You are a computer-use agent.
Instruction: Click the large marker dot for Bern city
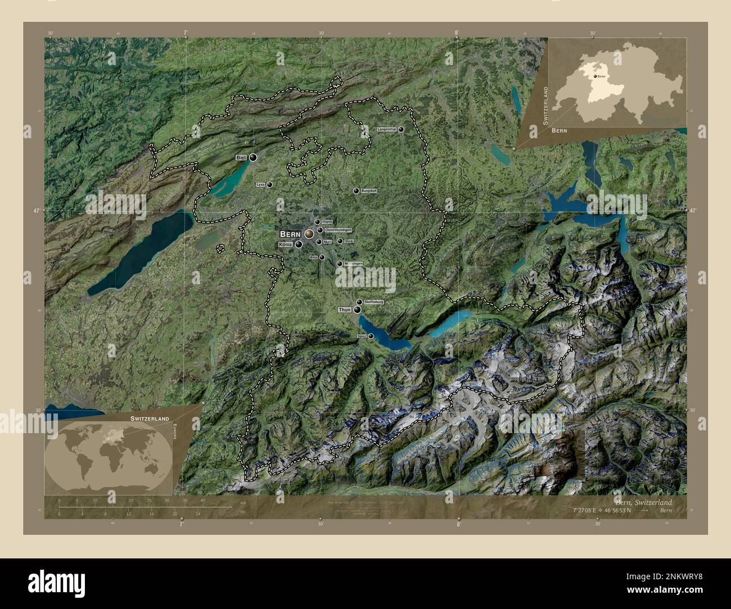(x=309, y=233)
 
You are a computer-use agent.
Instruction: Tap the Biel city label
(x=241, y=158)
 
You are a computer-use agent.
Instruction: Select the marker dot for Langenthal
(x=401, y=129)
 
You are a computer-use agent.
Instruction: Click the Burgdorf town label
(x=369, y=191)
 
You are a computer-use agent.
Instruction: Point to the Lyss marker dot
(x=270, y=184)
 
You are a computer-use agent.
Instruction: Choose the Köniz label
(x=286, y=245)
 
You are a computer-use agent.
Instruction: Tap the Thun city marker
(x=357, y=310)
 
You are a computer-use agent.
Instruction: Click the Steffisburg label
(x=374, y=302)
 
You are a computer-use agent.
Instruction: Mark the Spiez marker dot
(x=371, y=336)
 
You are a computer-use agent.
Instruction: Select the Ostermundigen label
(x=339, y=230)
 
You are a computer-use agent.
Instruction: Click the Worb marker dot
(x=340, y=241)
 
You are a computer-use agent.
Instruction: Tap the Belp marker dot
(x=322, y=257)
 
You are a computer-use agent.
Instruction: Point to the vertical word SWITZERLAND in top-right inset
(x=545, y=105)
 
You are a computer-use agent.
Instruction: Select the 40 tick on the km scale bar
(x=203, y=500)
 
